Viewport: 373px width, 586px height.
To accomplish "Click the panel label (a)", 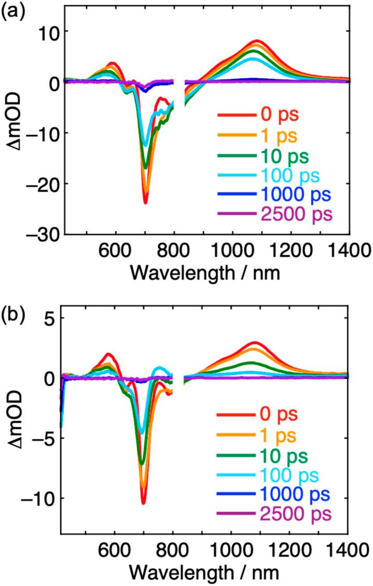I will click(x=11, y=10).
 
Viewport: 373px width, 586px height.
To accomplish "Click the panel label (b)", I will click(x=11, y=300).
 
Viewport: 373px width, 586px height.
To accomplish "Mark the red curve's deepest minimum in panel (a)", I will click(x=146, y=202).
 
